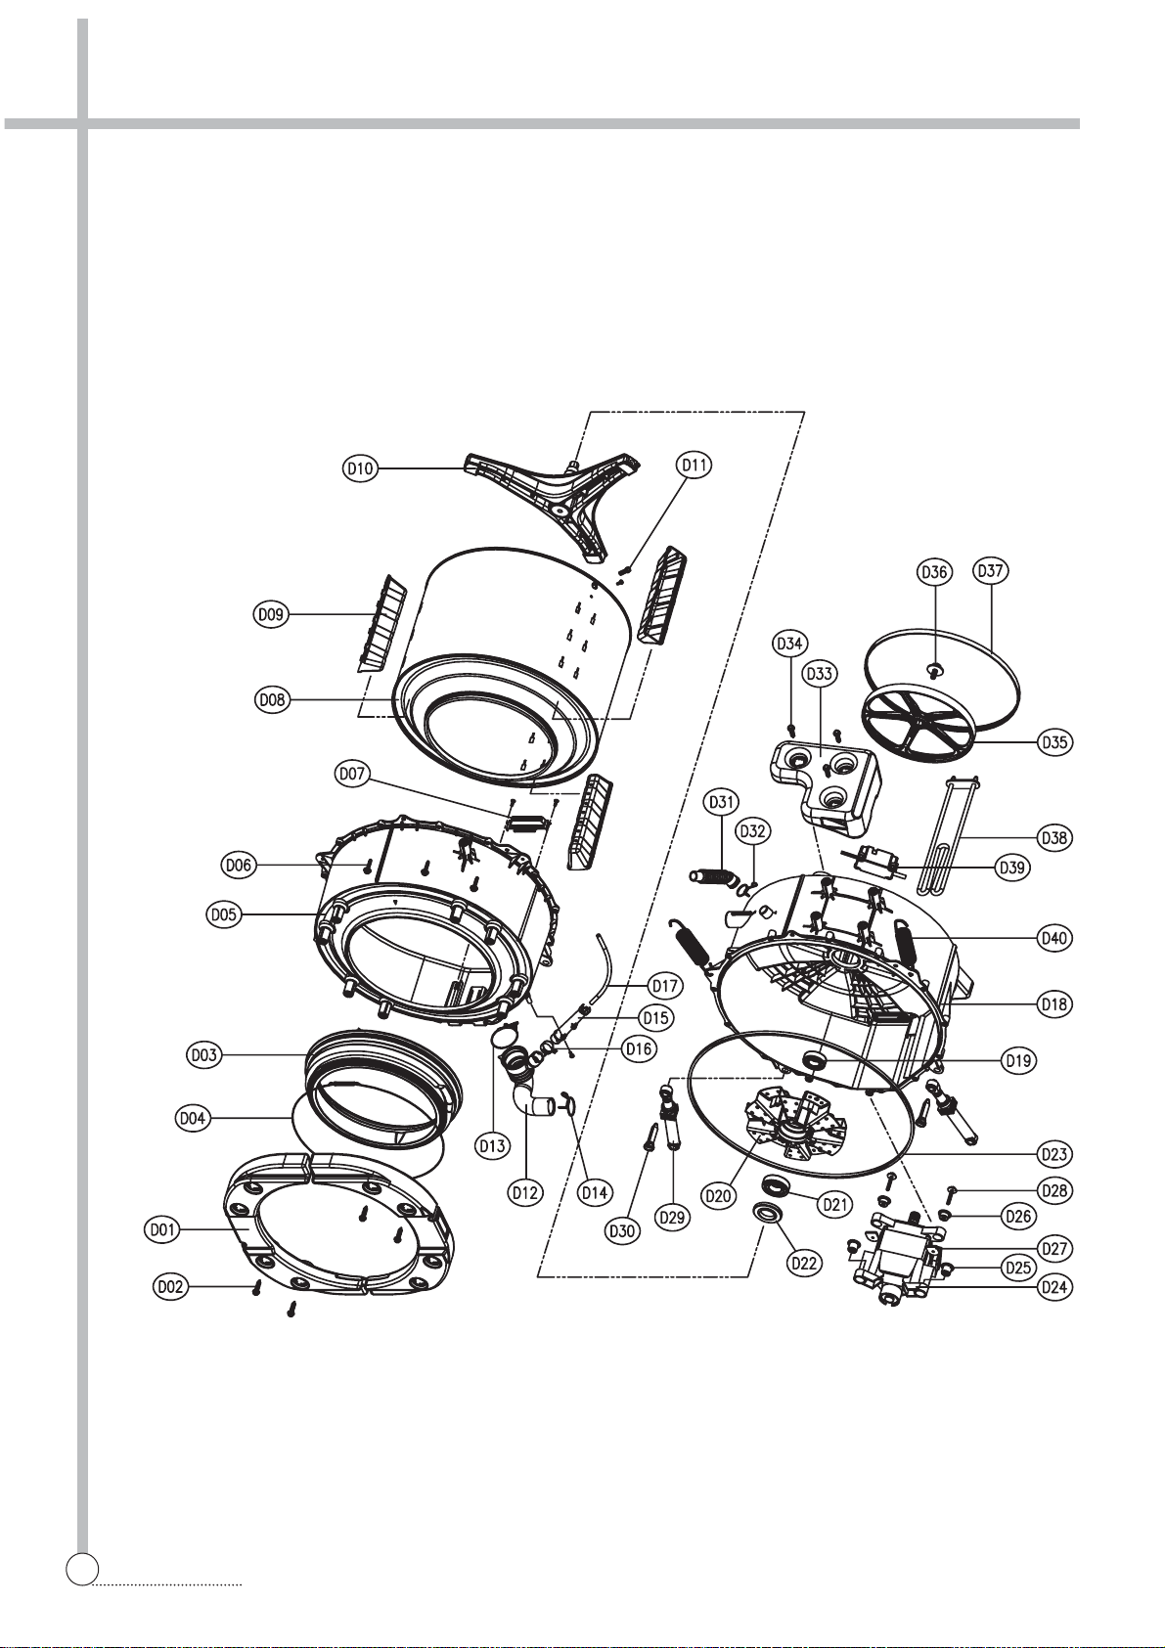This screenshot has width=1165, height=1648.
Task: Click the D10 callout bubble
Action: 361,468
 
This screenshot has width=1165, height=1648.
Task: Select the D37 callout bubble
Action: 991,571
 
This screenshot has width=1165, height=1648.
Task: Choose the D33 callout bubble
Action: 819,674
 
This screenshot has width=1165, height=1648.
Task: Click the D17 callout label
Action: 664,985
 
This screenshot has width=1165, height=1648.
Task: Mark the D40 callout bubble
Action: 1054,938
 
